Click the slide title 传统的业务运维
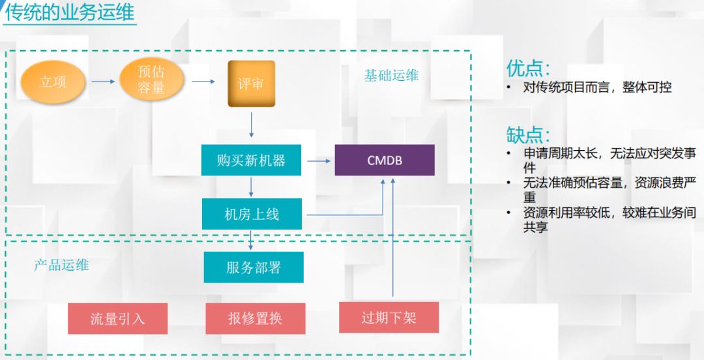click(x=70, y=13)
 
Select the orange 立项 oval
click(x=53, y=82)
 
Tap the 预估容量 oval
click(x=151, y=82)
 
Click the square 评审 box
click(x=251, y=83)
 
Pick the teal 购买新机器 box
click(x=251, y=160)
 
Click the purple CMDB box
click(x=385, y=160)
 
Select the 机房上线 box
click(x=252, y=215)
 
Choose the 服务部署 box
click(x=253, y=267)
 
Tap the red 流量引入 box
click(x=117, y=318)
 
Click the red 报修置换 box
click(x=255, y=318)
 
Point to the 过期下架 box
click(x=389, y=318)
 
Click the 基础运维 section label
click(x=391, y=76)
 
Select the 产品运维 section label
click(x=61, y=265)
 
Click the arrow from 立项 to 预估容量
click(x=102, y=82)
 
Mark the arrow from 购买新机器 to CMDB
click(x=318, y=160)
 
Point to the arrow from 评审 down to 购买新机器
click(x=251, y=125)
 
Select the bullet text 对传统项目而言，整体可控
click(x=597, y=87)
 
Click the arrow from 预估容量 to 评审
click(x=203, y=82)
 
